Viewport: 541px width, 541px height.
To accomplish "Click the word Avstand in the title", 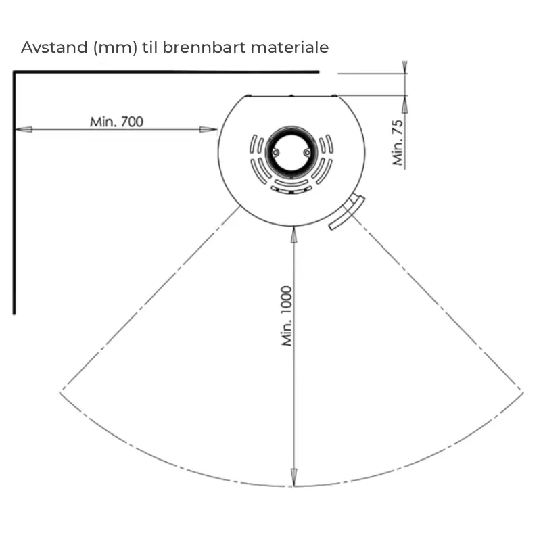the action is click(x=54, y=47).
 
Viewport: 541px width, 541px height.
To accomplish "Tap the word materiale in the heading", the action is click(x=289, y=47).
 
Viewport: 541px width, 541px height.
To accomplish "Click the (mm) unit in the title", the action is click(x=115, y=47).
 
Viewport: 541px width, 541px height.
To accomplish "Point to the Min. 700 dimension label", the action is click(x=116, y=122).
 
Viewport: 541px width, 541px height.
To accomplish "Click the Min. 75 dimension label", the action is click(x=398, y=143).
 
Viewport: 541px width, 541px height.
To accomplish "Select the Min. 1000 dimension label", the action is click(x=287, y=316).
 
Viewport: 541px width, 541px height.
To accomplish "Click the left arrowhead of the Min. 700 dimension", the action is click(x=24, y=129).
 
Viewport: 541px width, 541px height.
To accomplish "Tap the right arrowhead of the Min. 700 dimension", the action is click(x=208, y=129).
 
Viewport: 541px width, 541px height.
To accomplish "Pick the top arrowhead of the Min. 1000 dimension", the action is click(x=293, y=235).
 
